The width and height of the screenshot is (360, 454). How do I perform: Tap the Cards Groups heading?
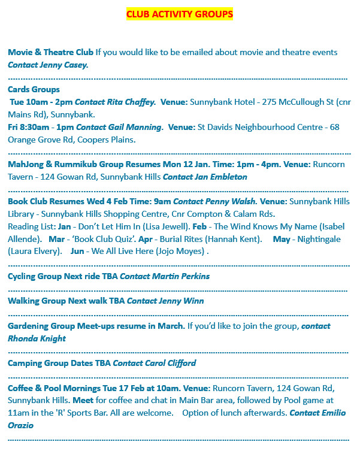34,90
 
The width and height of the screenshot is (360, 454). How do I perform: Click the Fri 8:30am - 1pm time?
41,128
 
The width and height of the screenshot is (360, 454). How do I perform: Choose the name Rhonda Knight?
37,339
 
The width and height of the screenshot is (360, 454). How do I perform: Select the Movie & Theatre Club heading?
50,53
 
